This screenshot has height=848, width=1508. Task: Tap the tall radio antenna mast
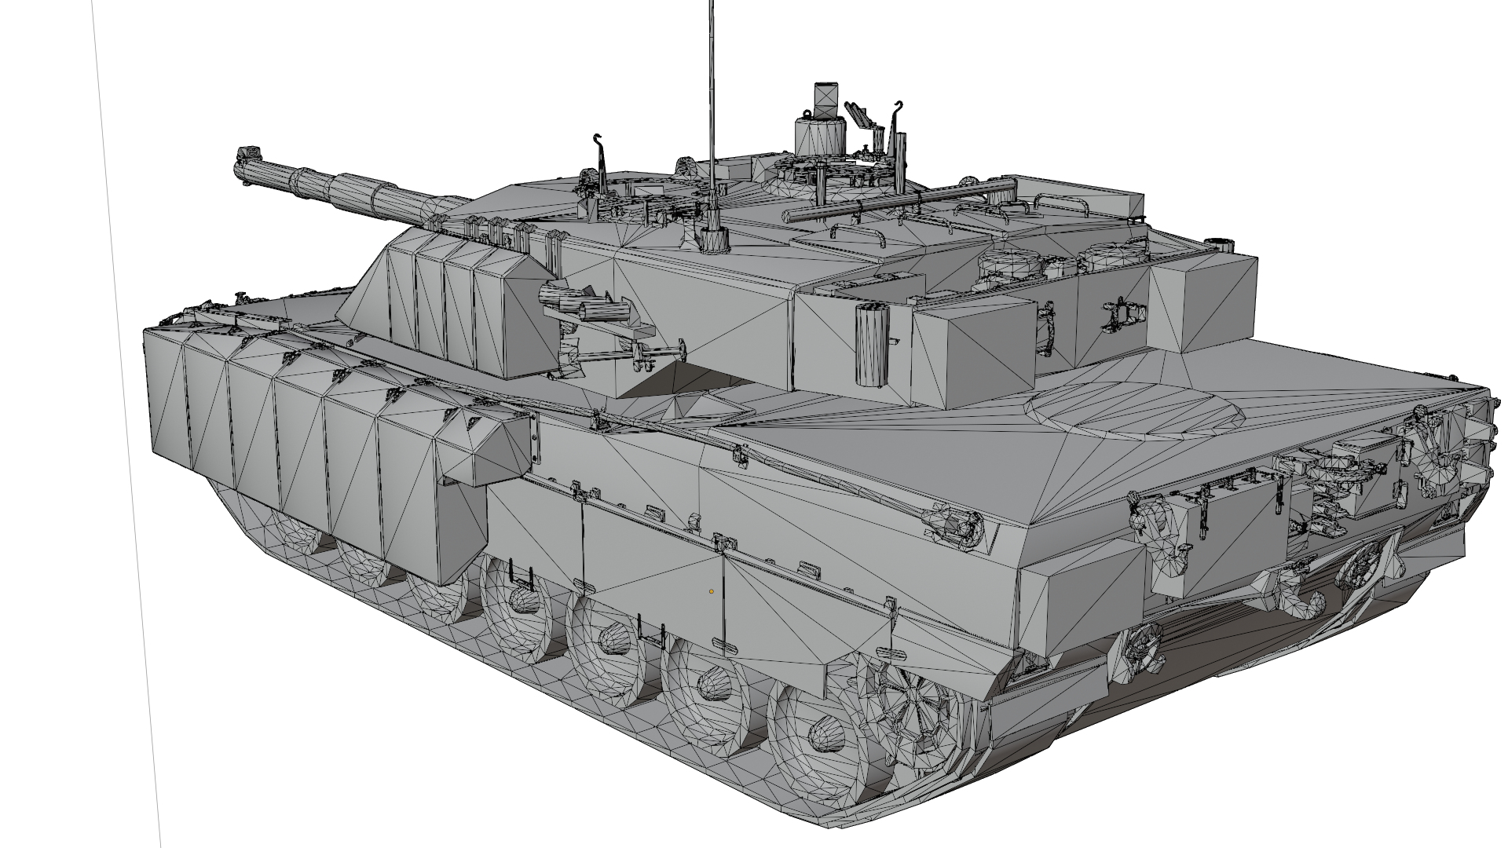click(712, 94)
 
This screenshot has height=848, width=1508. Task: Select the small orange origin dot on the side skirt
click(712, 590)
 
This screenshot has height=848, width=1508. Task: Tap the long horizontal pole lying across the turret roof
click(903, 199)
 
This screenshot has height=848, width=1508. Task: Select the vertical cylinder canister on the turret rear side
click(869, 345)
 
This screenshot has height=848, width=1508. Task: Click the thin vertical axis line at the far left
click(126, 424)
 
